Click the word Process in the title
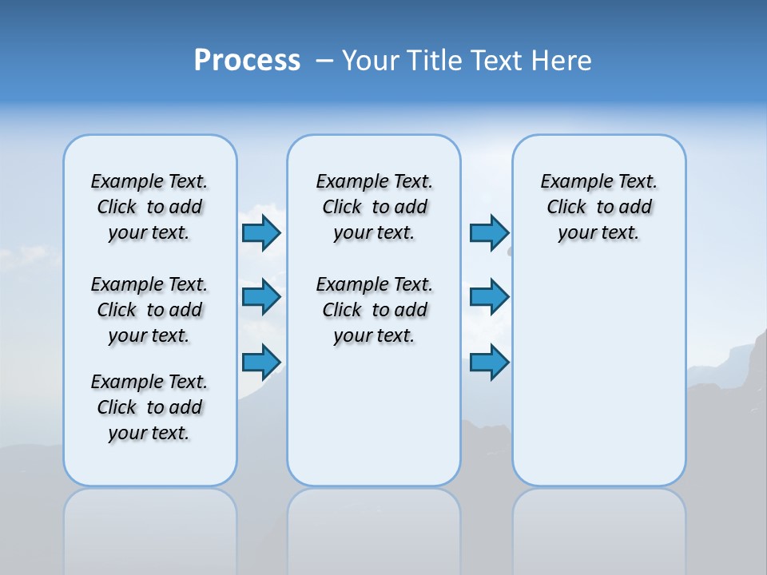247,61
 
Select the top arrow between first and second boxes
261,232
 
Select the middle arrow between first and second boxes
261,297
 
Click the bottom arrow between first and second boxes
261,362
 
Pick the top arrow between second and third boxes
489,232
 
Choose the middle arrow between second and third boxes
489,297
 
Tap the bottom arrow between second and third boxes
489,362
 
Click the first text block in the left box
149,207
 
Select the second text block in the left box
149,310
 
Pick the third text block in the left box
149,407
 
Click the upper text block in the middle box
374,207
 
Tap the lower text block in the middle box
374,310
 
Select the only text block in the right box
598,207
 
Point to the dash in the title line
324,61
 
